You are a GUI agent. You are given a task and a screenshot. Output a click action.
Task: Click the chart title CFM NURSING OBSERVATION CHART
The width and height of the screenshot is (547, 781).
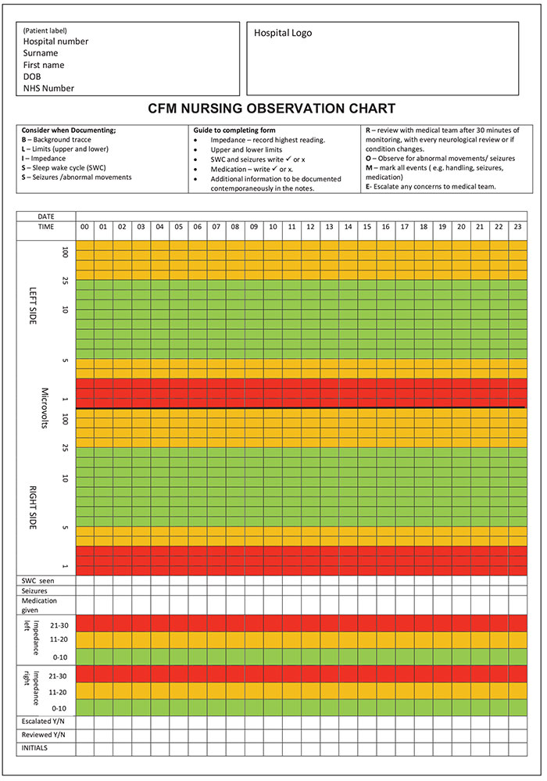click(x=272, y=109)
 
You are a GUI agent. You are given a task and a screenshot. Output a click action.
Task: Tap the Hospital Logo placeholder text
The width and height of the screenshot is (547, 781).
click(x=283, y=33)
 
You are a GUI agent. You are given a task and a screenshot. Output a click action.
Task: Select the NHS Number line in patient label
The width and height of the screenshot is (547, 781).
click(x=48, y=88)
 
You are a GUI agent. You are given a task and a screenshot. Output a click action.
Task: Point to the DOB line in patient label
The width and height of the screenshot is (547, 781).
click(x=32, y=77)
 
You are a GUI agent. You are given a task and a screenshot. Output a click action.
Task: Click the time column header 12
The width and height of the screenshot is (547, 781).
click(x=310, y=227)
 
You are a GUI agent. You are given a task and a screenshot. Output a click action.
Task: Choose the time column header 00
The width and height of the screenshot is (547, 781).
click(x=84, y=227)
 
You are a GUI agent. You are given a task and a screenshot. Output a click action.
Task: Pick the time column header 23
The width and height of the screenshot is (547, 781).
click(x=517, y=227)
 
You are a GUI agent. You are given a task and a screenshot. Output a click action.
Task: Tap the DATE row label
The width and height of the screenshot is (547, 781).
click(x=46, y=217)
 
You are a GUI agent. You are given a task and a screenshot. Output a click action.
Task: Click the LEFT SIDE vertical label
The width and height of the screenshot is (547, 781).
click(x=33, y=306)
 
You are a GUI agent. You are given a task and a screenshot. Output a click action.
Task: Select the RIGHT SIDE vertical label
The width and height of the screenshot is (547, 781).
click(x=33, y=507)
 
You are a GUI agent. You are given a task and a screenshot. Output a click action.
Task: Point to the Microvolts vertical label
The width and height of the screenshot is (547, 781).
click(x=45, y=408)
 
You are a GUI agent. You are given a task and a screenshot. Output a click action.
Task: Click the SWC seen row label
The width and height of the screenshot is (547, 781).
click(x=38, y=581)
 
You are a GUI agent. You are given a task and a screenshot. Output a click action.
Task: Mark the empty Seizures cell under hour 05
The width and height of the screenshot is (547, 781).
click(x=179, y=591)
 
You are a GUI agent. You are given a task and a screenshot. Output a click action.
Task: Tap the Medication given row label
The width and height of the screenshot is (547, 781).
click(x=39, y=605)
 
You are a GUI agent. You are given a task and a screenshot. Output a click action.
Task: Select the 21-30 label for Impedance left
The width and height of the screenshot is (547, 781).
click(x=59, y=625)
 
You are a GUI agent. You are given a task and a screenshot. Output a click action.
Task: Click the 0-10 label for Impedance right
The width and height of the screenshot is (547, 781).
click(x=59, y=708)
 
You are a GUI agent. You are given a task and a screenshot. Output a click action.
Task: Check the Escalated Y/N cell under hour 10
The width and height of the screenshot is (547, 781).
click(x=273, y=722)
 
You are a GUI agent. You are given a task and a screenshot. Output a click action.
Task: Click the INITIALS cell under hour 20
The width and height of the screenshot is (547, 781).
click(x=461, y=749)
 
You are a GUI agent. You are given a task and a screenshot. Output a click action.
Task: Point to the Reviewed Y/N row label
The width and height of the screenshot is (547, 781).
click(x=43, y=735)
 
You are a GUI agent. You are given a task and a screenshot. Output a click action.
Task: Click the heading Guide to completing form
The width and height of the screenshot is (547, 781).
click(x=234, y=130)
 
